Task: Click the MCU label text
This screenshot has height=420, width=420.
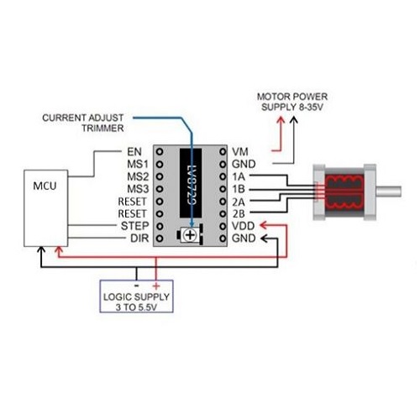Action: (45, 186)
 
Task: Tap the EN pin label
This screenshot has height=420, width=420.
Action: (134, 152)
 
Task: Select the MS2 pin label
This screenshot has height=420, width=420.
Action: (138, 176)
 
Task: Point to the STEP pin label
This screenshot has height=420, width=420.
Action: (134, 226)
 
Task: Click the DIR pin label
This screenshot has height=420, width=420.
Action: (139, 239)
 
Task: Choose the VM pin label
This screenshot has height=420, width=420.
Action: (240, 152)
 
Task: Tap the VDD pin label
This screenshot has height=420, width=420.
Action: (243, 226)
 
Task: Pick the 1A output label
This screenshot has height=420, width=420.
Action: (239, 176)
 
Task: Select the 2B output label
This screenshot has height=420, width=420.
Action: (239, 214)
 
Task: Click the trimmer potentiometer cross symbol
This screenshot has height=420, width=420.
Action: (190, 235)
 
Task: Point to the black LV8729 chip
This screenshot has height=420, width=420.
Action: (191, 183)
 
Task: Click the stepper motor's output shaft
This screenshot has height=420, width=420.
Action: (389, 192)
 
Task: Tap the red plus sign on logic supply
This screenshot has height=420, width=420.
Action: (156, 286)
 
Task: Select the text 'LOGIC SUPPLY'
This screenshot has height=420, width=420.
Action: (136, 297)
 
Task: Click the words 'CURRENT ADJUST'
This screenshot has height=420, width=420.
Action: (83, 118)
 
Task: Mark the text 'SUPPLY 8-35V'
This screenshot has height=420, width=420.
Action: (292, 107)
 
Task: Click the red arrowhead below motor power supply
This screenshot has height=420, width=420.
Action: (281, 120)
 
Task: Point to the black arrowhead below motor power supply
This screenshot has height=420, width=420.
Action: (293, 120)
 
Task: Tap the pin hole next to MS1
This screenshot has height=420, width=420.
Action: (160, 164)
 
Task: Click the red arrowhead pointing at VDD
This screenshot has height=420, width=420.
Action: (264, 225)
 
